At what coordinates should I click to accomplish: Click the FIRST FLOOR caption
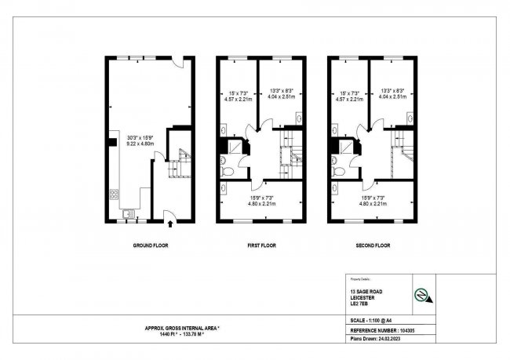tap(262, 245)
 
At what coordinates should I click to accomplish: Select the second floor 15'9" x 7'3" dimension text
tap(373, 202)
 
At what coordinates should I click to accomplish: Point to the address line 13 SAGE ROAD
tap(369, 290)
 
